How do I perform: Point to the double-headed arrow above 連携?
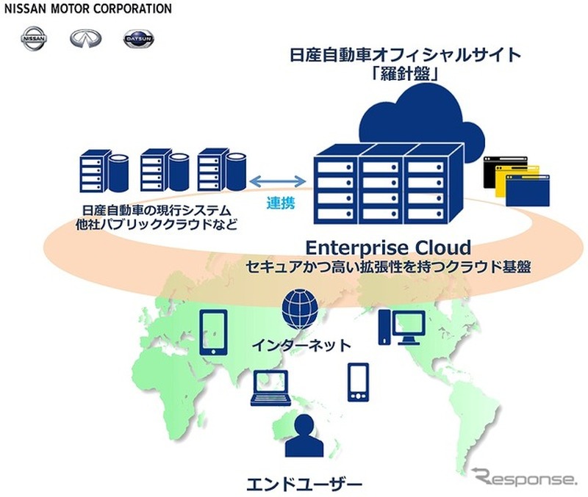(279, 180)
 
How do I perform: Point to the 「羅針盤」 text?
(395, 76)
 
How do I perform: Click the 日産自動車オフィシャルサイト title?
(396, 55)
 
